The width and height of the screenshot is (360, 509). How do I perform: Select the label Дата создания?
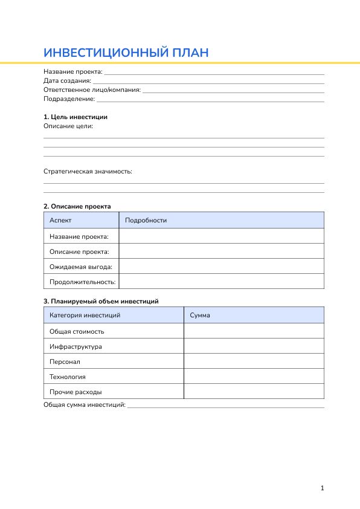(67, 80)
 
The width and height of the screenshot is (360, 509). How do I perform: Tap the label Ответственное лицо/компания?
(92, 89)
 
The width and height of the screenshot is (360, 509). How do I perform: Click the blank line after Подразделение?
(210, 99)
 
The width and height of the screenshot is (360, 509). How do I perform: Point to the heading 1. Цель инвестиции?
(76, 117)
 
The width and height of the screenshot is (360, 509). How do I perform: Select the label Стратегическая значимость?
(88, 171)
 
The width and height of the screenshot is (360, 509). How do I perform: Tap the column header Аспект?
(60, 220)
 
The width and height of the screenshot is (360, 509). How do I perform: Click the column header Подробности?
(146, 220)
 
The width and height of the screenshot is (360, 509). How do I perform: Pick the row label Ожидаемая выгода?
(81, 267)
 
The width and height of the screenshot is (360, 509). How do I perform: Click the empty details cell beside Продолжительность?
(221, 282)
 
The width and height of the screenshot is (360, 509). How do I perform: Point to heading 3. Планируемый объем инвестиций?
(101, 301)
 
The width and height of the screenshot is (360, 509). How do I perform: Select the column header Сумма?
(200, 315)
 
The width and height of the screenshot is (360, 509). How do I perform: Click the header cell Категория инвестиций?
(85, 315)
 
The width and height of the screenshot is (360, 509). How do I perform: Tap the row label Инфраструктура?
(76, 346)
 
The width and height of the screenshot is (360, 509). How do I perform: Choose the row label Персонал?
(65, 361)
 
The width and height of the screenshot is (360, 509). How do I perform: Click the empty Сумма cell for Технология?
(254, 377)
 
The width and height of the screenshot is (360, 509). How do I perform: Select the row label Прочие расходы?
(76, 392)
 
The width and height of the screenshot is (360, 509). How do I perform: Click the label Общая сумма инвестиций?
(85, 404)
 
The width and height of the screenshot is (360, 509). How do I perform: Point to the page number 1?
(323, 488)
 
